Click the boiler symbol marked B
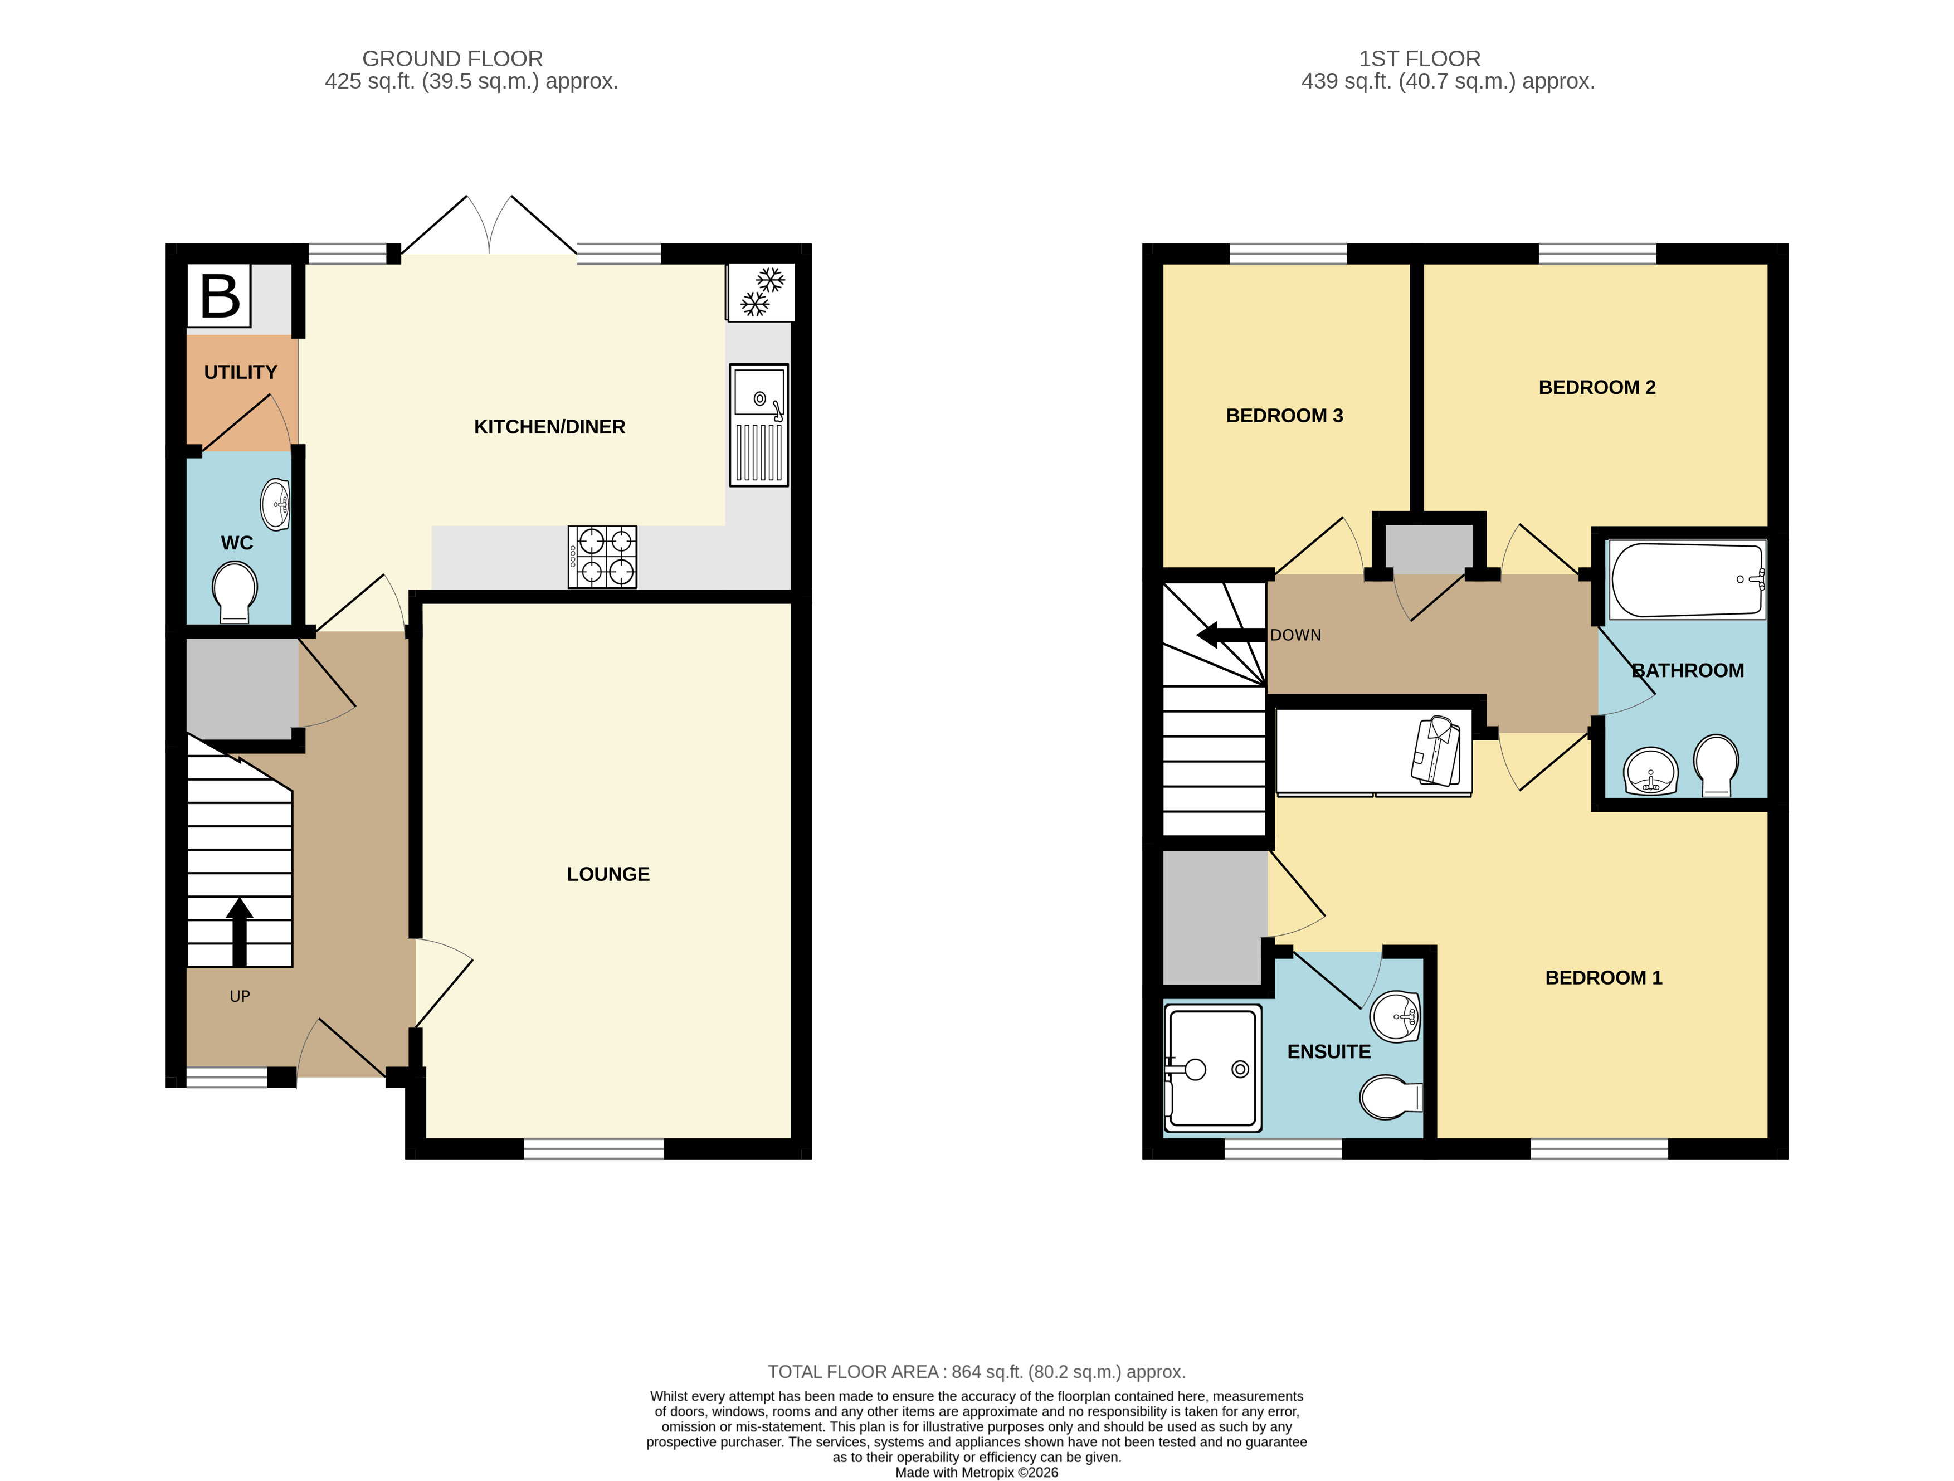219,296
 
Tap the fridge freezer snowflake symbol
762,293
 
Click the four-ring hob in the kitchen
602,557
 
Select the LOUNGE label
608,874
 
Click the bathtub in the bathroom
1687,579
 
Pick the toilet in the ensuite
1390,1098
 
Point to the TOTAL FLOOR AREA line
976,1371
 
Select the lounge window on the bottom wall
593,1148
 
